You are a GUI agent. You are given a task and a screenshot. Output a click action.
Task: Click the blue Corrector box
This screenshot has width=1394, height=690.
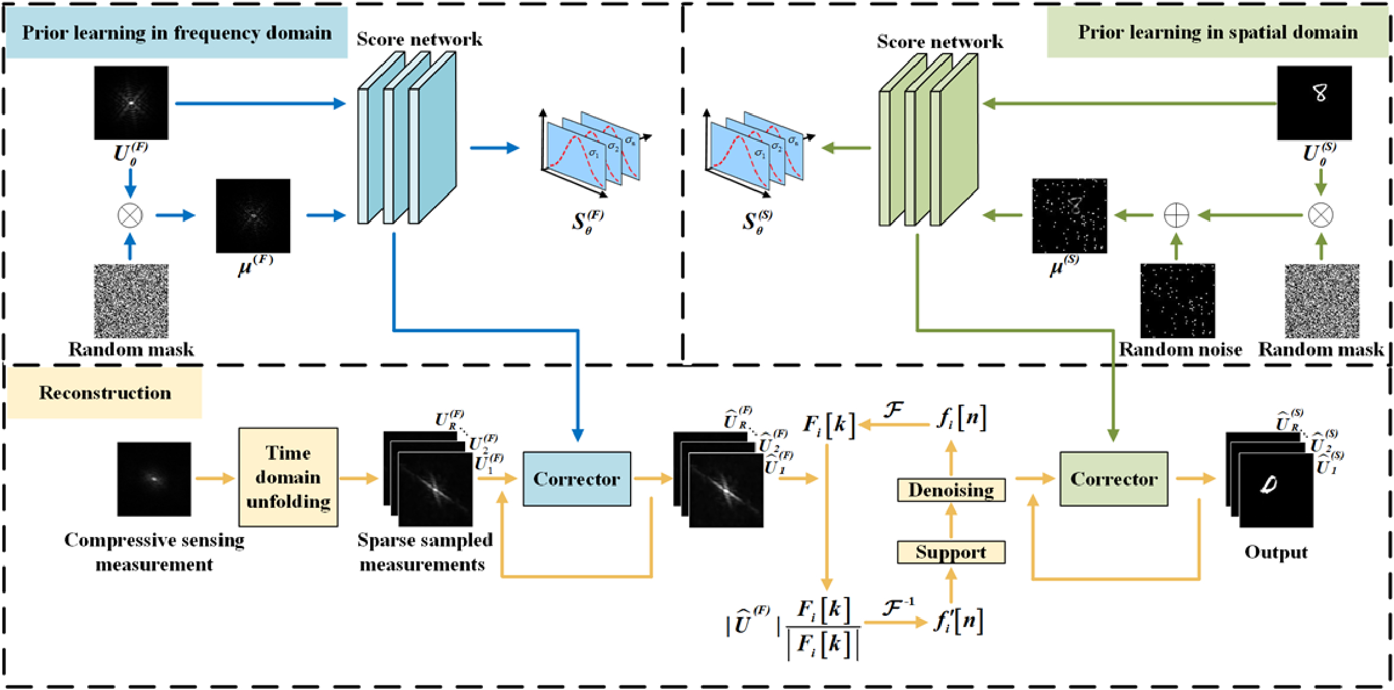(576, 479)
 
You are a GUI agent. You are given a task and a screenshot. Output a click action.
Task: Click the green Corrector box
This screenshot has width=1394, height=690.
(1113, 479)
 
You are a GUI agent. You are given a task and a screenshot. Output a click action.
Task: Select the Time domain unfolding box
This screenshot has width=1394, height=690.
(288, 477)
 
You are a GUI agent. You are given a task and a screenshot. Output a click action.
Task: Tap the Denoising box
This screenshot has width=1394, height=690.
(951, 490)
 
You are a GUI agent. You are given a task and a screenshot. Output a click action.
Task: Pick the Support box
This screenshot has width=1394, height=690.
(951, 552)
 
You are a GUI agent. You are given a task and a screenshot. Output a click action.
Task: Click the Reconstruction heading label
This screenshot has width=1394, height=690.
(105, 393)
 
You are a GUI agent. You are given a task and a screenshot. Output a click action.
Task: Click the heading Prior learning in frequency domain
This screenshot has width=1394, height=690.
(177, 33)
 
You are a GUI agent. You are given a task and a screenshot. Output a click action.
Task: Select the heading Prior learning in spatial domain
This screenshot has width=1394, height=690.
(1217, 32)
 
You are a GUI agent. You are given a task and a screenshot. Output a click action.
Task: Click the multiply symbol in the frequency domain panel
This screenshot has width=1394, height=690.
(130, 215)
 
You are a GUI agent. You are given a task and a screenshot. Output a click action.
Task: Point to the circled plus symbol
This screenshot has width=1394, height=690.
(1176, 215)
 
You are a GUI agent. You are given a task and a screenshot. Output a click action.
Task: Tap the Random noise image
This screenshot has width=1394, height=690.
(1177, 301)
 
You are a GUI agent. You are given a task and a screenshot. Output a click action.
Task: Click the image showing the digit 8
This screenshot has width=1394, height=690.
(1314, 103)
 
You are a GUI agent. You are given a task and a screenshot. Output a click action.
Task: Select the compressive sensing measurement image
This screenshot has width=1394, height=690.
(154, 479)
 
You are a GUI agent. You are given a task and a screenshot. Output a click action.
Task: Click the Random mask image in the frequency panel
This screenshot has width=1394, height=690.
(131, 301)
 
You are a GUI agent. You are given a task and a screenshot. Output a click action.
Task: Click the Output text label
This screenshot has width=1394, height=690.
(1275, 552)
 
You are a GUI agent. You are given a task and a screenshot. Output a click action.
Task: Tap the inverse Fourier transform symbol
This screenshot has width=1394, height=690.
(897, 607)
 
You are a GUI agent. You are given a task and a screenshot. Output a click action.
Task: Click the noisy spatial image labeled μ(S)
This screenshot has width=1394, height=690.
(1069, 215)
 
